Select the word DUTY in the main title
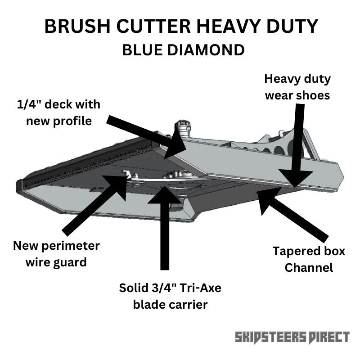pos(287,27)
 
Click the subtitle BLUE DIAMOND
pos(183,50)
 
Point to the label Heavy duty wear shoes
pos(297,87)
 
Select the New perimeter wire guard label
pos(56,253)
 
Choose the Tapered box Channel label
pos(309,259)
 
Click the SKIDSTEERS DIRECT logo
pos(292,337)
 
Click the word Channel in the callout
pos(309,267)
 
